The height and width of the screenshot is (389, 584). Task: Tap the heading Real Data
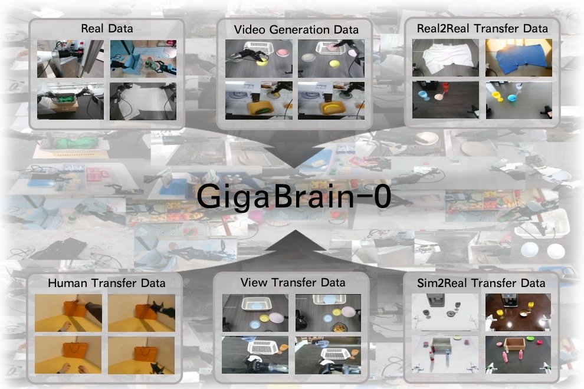pyautogui.click(x=106, y=28)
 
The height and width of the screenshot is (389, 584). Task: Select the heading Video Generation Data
pyautogui.click(x=296, y=29)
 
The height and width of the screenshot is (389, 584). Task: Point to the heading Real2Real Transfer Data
pyautogui.click(x=482, y=28)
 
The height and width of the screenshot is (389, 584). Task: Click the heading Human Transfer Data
pyautogui.click(x=106, y=283)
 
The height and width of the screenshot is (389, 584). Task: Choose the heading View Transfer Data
pyautogui.click(x=293, y=282)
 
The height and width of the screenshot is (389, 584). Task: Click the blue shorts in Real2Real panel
pyautogui.click(x=517, y=59)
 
